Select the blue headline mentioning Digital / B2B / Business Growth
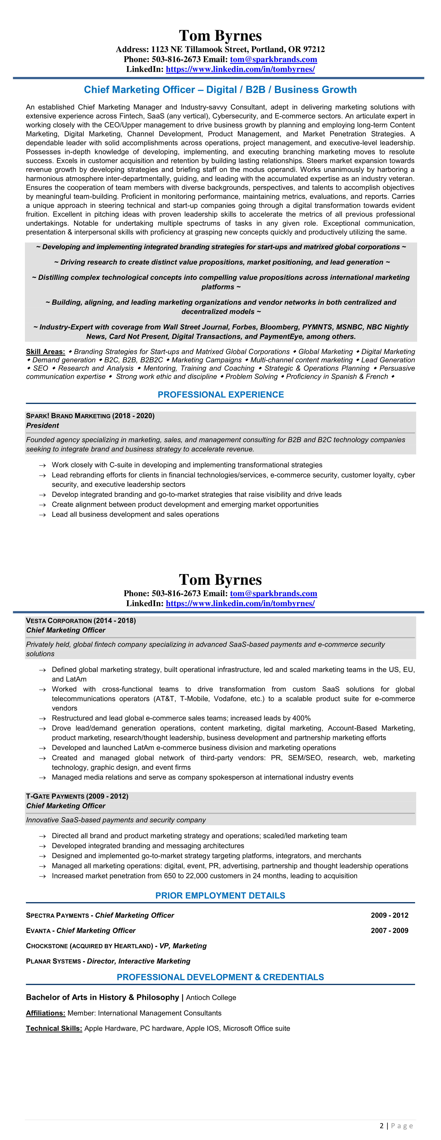coord(220,90)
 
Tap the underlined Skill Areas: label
coord(45,352)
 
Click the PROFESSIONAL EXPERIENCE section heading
coord(220,395)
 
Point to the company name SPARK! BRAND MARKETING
coord(68,416)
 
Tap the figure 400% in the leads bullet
coord(301,718)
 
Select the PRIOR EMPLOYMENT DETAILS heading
coord(220,896)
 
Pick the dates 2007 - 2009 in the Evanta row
coord(389,931)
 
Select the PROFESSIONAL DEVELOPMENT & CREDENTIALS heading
coord(220,977)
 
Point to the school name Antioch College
coord(211,997)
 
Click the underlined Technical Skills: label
coord(54,1029)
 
